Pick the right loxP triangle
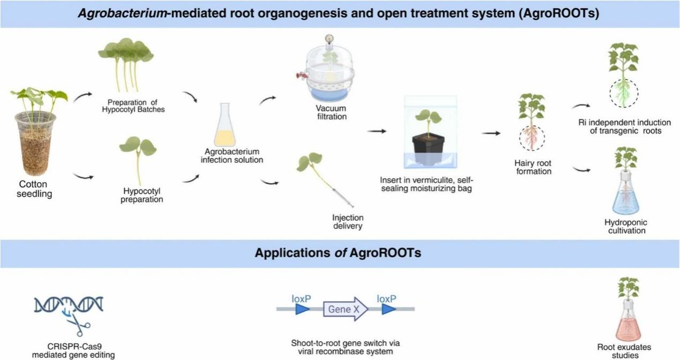point(388,309)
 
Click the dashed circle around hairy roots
point(532,138)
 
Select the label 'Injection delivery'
point(348,222)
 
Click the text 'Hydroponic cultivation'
point(625,227)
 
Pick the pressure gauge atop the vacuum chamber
point(328,39)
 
